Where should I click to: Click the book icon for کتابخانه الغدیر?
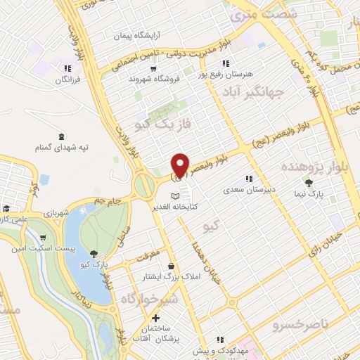tap(176, 195)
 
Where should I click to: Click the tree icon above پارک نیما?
tap(309, 184)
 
